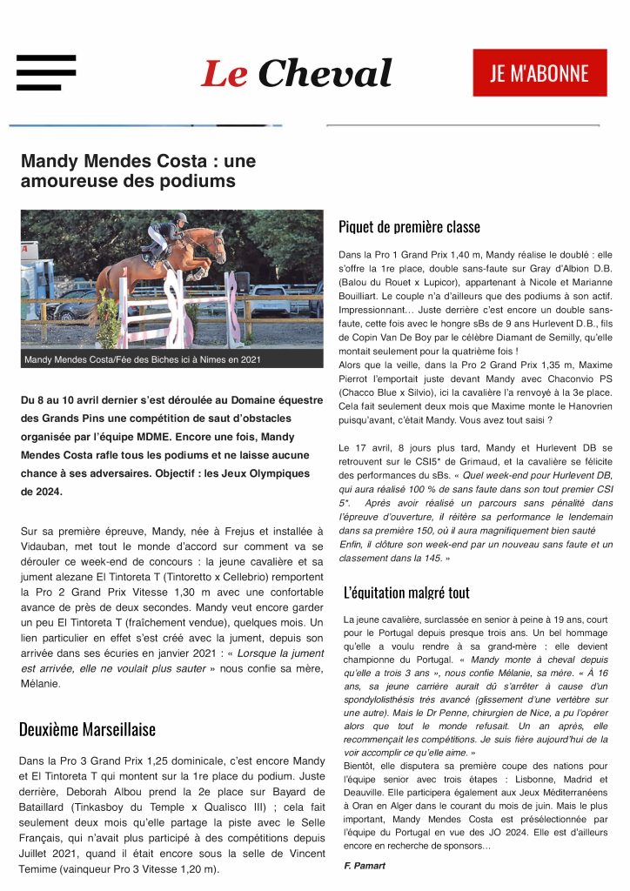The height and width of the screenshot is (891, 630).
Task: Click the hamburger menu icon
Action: (x=46, y=73)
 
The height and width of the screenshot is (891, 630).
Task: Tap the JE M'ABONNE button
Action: (x=540, y=73)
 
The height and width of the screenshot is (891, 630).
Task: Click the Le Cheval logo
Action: (x=296, y=74)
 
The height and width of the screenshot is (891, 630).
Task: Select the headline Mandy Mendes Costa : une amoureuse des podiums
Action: (x=138, y=171)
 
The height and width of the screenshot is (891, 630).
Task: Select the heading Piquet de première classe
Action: (x=409, y=227)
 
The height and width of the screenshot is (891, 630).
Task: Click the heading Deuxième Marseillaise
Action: (x=87, y=728)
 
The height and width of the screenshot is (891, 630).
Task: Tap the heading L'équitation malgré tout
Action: (x=406, y=593)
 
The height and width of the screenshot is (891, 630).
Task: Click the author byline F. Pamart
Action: (x=365, y=866)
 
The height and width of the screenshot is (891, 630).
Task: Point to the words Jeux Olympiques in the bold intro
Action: (x=261, y=473)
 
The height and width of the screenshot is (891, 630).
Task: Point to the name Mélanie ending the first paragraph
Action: (x=41, y=684)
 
